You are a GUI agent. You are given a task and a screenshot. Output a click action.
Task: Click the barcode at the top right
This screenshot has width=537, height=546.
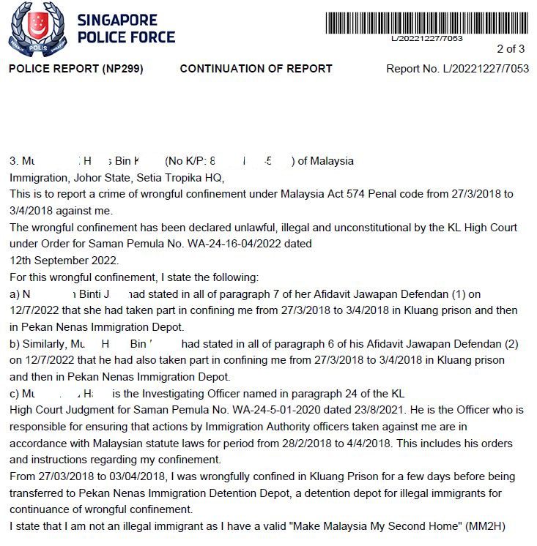(x=426, y=22)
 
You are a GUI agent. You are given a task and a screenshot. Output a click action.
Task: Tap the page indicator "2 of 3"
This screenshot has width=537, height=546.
(x=511, y=50)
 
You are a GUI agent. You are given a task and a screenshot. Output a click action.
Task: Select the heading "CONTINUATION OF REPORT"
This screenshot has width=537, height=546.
(x=256, y=69)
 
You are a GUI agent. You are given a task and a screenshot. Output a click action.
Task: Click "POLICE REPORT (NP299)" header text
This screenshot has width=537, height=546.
(x=75, y=69)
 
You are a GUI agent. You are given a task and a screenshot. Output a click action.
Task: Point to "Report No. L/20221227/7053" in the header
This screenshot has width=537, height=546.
(x=457, y=69)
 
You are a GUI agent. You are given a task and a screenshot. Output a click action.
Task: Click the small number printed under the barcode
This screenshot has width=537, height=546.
(x=426, y=38)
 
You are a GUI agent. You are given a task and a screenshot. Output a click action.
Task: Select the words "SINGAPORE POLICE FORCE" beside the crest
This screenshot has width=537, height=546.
(x=126, y=29)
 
